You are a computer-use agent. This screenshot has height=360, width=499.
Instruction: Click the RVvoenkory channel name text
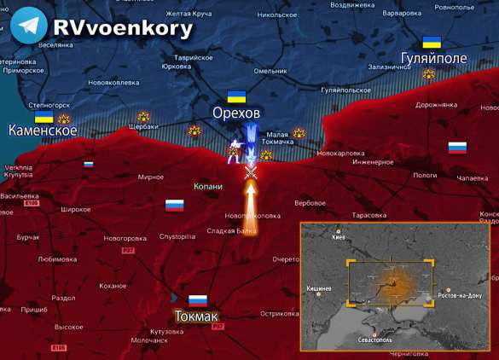[x=123, y=26]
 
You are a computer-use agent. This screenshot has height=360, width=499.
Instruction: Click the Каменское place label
[x=43, y=131]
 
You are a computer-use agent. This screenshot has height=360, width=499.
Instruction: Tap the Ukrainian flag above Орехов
[x=236, y=96]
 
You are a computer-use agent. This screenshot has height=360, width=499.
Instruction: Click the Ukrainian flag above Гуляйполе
[x=432, y=42]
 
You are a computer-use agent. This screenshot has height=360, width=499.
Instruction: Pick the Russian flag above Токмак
[x=198, y=300]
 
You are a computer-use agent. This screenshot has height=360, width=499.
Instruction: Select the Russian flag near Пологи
[x=457, y=148]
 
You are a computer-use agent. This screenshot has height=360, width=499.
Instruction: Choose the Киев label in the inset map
[x=339, y=238]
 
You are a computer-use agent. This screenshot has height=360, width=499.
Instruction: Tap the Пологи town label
[x=425, y=174]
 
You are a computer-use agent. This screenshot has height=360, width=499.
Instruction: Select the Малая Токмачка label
[x=277, y=137]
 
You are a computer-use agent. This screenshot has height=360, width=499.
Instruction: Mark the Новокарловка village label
[x=340, y=153]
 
